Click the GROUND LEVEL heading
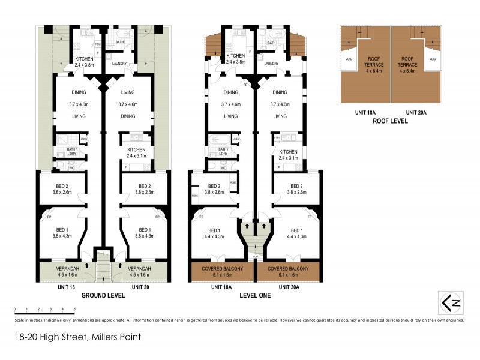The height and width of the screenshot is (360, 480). click(x=103, y=295)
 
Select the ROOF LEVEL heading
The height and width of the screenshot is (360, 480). click(x=391, y=121)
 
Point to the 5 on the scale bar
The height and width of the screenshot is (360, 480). click(x=74, y=309)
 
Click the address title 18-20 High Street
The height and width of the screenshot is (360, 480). click(x=78, y=337)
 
